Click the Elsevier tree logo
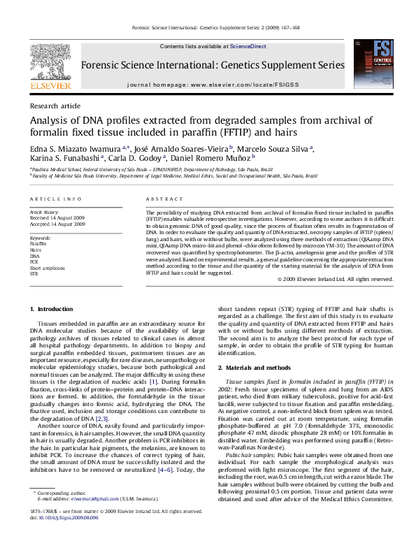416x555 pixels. click(x=50, y=66)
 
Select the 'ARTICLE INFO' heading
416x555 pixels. click(x=55, y=199)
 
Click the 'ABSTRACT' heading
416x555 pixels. click(x=159, y=199)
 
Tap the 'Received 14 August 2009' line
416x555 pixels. click(x=57, y=217)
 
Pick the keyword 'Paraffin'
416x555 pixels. click(x=38, y=243)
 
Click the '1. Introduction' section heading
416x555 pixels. click(x=52, y=309)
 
